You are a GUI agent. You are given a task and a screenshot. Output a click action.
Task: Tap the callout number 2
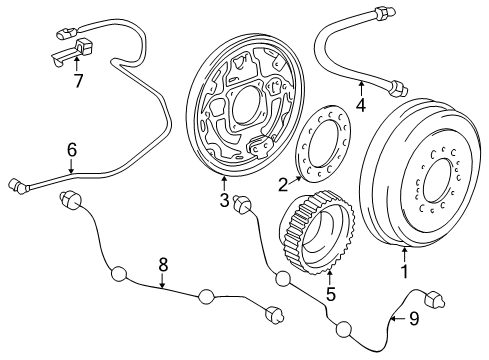(x=283, y=183)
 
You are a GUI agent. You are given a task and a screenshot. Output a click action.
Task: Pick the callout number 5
(x=329, y=294)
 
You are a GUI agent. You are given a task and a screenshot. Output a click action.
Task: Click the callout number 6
(x=71, y=150)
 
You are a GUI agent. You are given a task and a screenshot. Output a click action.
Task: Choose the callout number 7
(x=76, y=80)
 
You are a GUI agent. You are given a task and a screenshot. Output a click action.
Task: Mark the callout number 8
(x=163, y=264)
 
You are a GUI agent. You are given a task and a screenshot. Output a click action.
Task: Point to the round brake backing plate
(x=240, y=105)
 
